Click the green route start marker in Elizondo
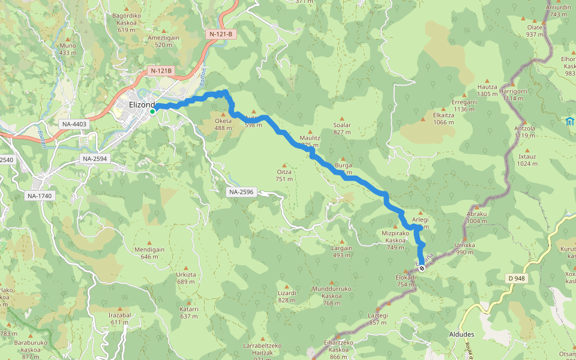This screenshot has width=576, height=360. click(152, 111)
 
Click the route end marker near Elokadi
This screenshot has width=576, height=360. click(422, 268)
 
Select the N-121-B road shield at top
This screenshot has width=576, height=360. click(221, 34)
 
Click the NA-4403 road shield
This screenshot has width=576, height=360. click(74, 124)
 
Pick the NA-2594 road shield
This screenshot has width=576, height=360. click(95, 159)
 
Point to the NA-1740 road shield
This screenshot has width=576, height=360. click(40, 196)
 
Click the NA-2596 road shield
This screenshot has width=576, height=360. click(241, 192)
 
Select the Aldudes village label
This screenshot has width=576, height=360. click(461, 334)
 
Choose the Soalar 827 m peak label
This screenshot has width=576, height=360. click(341, 128)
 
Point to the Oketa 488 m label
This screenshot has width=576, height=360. click(223, 124)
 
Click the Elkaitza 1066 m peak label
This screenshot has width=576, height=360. click(443, 118)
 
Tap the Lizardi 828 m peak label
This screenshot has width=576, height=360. click(287, 296)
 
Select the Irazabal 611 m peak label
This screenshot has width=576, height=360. click(119, 319)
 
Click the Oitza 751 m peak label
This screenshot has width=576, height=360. click(284, 175)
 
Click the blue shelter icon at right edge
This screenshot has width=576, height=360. click(569, 122)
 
